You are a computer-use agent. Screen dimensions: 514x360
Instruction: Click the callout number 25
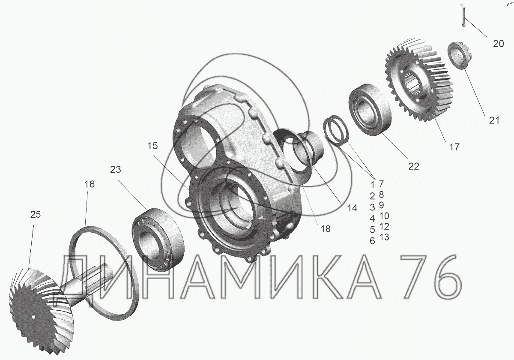click(x=36, y=214)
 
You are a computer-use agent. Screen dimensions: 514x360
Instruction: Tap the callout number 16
click(x=89, y=184)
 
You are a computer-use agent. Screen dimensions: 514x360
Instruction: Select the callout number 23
click(x=115, y=169)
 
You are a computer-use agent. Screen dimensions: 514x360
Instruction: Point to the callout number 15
click(x=152, y=146)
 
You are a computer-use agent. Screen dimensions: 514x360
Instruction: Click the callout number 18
click(x=326, y=229)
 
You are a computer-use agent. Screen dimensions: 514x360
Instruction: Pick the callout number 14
click(x=352, y=208)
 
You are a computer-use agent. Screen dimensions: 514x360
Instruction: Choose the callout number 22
click(x=414, y=166)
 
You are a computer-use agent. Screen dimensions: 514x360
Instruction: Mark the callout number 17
click(x=454, y=147)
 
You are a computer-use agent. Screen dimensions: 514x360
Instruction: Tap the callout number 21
click(x=494, y=120)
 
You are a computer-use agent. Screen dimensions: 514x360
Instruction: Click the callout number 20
click(x=499, y=44)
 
